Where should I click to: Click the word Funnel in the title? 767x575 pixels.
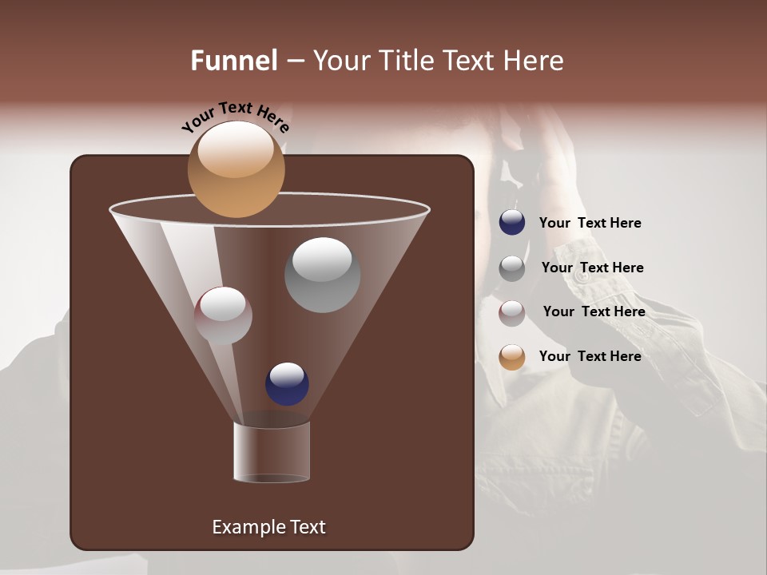pos(234,61)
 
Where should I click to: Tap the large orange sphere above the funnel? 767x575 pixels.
pos(236,169)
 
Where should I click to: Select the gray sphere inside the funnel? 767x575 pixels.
pos(322,275)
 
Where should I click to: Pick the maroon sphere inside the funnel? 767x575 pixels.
pos(223,315)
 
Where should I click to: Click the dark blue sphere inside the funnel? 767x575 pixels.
pos(287,383)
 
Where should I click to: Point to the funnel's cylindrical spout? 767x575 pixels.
pos(272,452)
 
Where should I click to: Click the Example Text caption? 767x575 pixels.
pos(268,527)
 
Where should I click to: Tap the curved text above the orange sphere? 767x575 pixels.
pos(235,117)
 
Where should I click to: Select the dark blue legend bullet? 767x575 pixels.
pos(512,223)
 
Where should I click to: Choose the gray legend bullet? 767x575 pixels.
pos(512,268)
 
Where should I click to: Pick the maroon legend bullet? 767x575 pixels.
pos(512,313)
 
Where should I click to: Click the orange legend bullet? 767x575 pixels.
pos(512,357)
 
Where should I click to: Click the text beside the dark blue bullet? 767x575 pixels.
pos(590,224)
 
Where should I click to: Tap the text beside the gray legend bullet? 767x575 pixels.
pos(592,268)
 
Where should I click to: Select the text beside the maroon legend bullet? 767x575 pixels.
pos(594,312)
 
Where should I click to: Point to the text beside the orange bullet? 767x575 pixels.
pos(590,357)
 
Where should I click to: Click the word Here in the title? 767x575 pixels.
pos(535,61)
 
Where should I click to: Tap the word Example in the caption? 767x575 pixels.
pos(242,527)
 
